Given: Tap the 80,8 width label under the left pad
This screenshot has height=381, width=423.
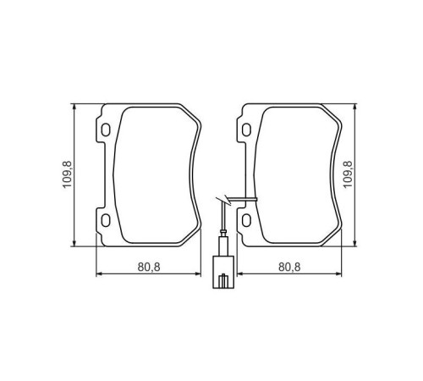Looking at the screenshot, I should tap(149, 266).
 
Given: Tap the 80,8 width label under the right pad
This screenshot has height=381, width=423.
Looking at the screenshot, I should tap(288, 266).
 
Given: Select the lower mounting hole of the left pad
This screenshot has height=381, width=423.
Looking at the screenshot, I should tap(106, 221).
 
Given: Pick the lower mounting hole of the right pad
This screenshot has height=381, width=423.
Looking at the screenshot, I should tap(247, 221).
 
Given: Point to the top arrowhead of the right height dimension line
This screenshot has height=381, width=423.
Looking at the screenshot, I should tap(353, 108).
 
